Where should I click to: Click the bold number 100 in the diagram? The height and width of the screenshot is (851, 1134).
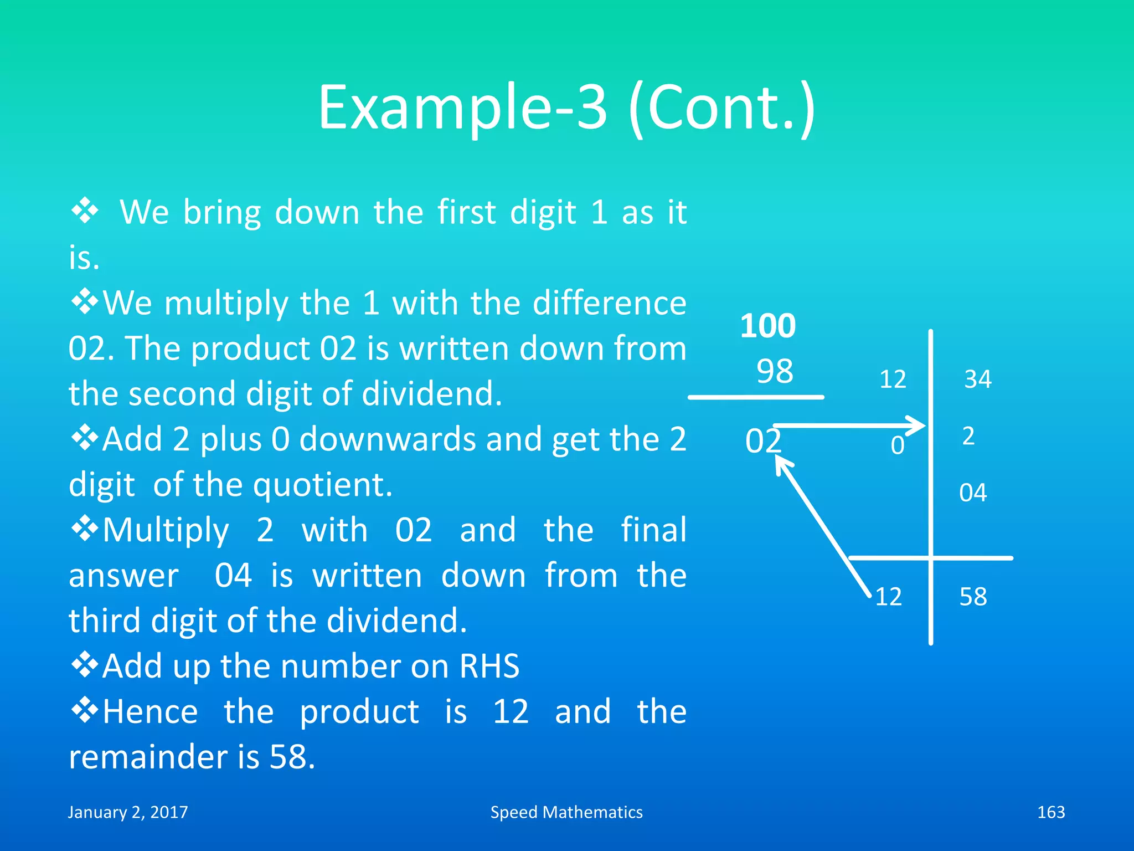coord(768,326)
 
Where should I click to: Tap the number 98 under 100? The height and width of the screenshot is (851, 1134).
coord(775,371)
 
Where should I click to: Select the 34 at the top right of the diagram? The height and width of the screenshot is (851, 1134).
coord(978,380)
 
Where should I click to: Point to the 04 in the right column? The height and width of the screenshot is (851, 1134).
coord(973,493)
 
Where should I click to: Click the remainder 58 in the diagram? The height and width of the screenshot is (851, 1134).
coord(973,597)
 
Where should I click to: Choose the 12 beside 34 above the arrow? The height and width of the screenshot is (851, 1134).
coord(893,380)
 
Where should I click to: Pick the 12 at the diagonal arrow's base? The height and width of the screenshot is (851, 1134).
coord(889,597)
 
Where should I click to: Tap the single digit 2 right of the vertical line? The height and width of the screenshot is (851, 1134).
coord(968,437)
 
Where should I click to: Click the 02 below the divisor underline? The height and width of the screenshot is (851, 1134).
coord(763,442)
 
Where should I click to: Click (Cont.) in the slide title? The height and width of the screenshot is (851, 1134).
coord(722,108)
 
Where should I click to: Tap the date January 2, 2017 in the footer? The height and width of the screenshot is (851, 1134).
coord(128,812)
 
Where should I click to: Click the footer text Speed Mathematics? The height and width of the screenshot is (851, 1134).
coord(566,812)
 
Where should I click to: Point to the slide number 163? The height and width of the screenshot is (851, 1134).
coord(1051,812)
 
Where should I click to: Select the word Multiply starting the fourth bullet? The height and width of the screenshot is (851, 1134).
coord(166,531)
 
